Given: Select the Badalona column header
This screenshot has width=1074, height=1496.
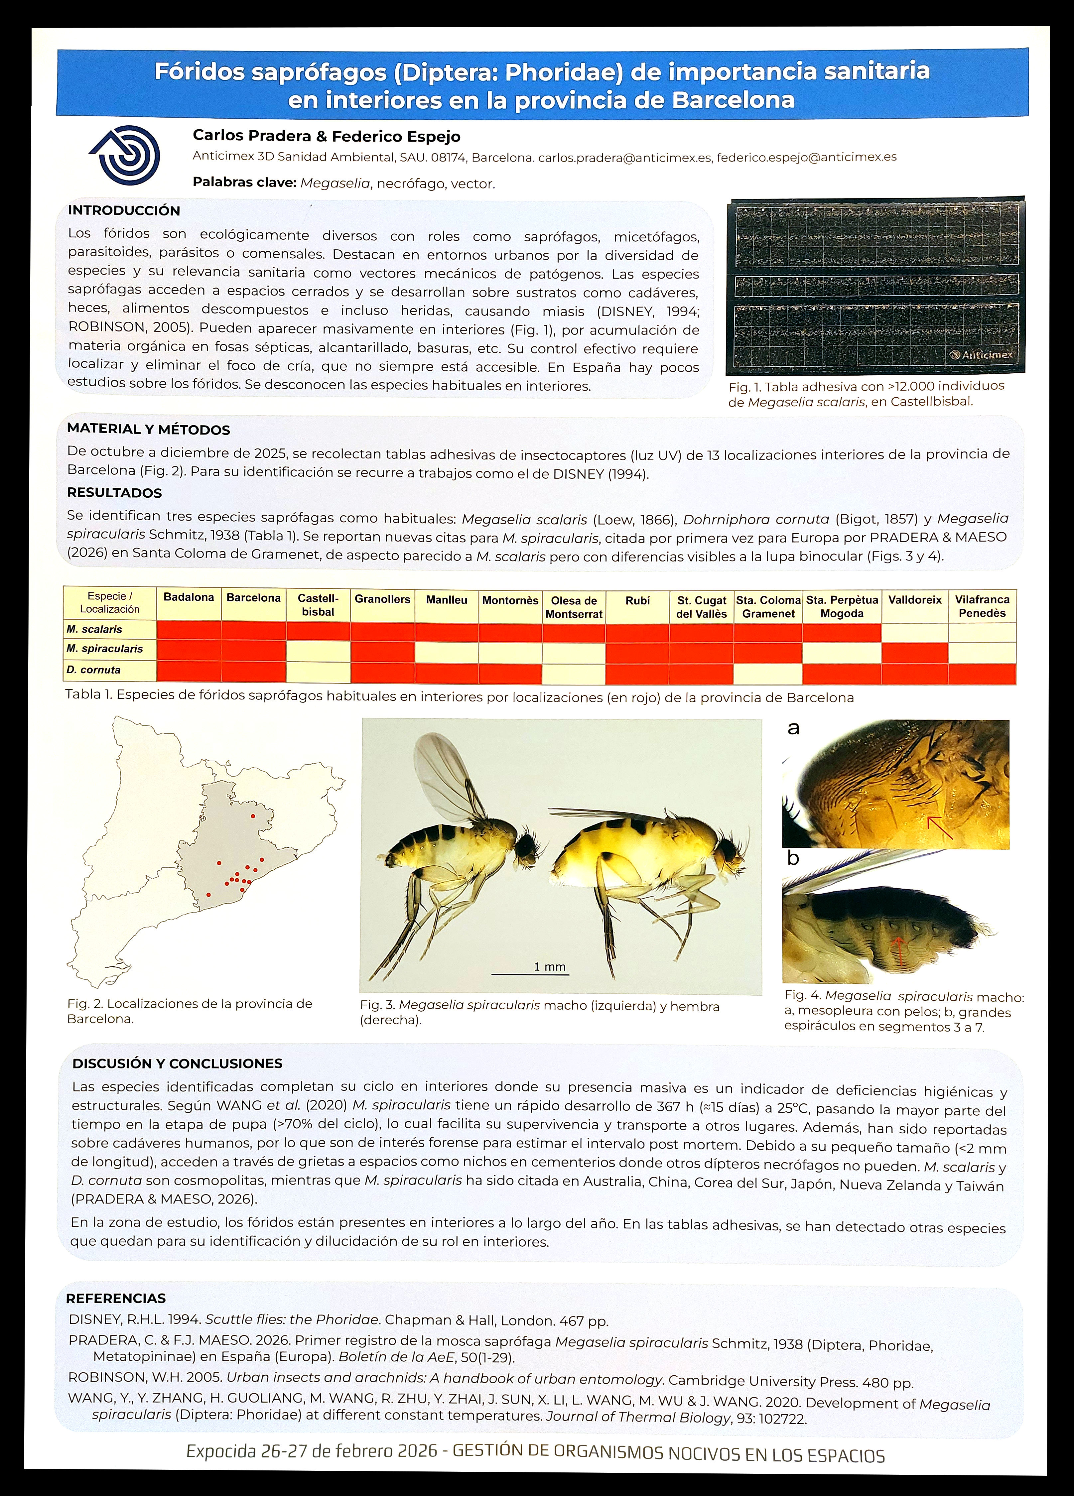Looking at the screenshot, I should pyautogui.click(x=189, y=598).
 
